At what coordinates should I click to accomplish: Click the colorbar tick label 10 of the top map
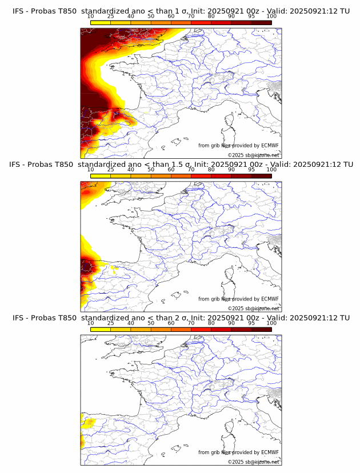click(90, 17)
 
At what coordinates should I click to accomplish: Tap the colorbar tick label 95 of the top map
click(251, 17)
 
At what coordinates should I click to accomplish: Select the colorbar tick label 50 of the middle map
click(151, 170)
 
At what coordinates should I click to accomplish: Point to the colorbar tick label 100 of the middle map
click(271, 170)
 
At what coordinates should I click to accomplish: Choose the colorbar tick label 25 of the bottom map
click(110, 323)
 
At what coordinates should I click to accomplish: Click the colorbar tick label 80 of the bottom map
click(211, 323)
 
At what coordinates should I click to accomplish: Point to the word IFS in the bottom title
click(19, 318)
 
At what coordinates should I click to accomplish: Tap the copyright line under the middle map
click(253, 308)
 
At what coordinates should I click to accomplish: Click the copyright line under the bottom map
click(253, 462)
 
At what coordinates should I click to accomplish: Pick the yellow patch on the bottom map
click(88, 423)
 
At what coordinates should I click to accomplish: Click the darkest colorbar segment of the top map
click(262, 22)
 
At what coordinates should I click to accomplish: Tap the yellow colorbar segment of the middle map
click(100, 175)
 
